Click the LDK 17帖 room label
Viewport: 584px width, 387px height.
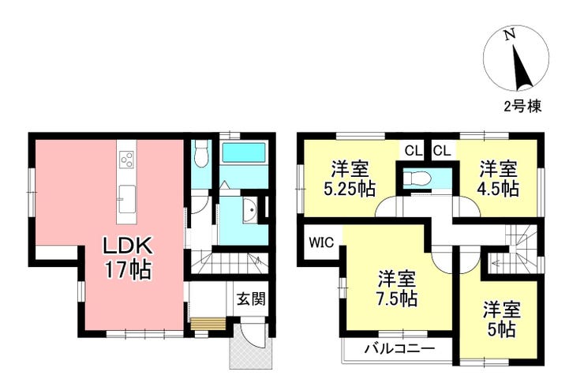pos(128,257)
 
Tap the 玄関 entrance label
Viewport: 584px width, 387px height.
pos(252,299)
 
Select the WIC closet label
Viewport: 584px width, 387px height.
pos(321,242)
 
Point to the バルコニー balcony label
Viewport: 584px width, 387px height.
pos(399,349)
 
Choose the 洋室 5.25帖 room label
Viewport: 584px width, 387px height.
pos(350,179)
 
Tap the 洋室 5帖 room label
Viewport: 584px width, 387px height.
pos(502,320)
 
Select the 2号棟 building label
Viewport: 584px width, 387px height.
pos(522,107)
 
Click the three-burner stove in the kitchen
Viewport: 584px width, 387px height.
pos(126,159)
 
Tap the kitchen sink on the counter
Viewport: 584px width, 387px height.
pos(126,200)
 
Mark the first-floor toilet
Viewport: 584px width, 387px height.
pos(201,154)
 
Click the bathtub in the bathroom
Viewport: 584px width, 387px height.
pos(244,153)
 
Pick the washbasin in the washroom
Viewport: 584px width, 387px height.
pos(250,210)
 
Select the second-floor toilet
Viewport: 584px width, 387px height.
pos(417,178)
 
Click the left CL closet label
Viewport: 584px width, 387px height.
pos(414,151)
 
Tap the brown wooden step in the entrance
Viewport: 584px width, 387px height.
pos(208,323)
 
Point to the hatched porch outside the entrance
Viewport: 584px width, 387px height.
pos(249,350)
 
